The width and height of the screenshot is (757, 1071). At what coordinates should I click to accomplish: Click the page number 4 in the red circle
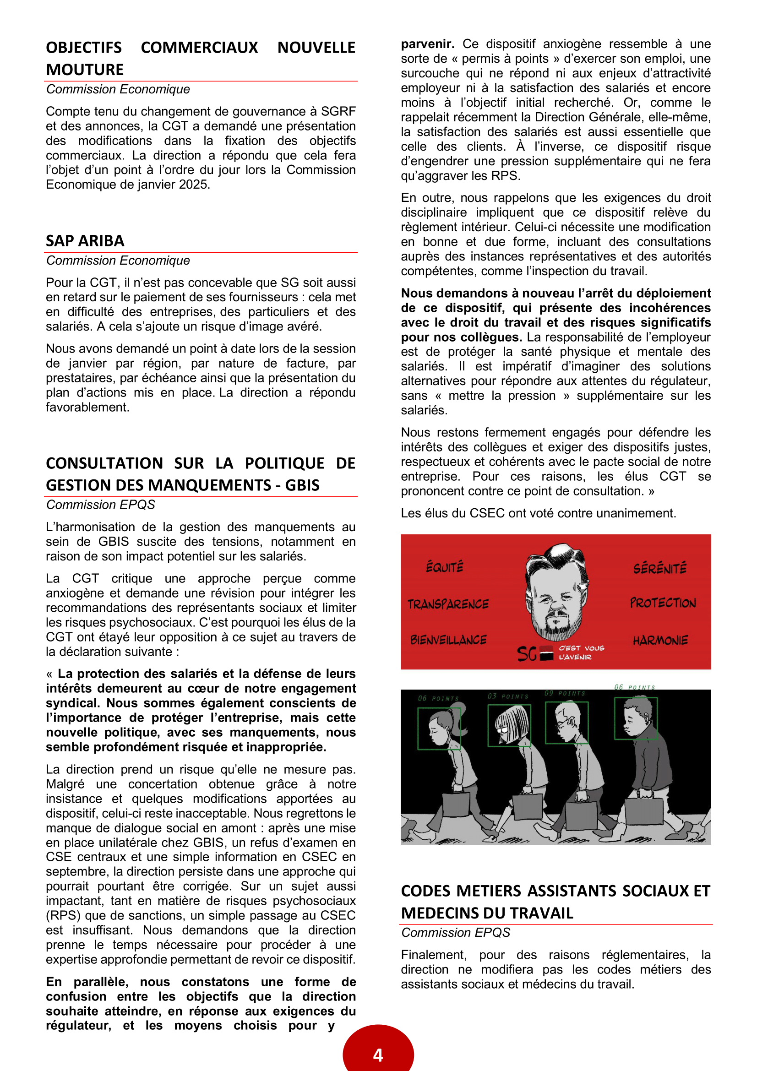pyautogui.click(x=378, y=1054)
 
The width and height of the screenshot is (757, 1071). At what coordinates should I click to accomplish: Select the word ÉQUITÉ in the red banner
pyautogui.click(x=445, y=567)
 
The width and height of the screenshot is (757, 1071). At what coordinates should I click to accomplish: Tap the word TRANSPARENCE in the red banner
pyautogui.click(x=448, y=604)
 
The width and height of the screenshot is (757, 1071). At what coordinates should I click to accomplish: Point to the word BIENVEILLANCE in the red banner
pyautogui.click(x=448, y=640)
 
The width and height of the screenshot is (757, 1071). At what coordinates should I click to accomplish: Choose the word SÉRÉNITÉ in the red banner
pyautogui.click(x=659, y=568)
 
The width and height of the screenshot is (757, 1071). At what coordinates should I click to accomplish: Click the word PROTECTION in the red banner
pyautogui.click(x=663, y=603)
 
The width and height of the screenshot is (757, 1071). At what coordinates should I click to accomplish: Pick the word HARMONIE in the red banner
pyautogui.click(x=660, y=641)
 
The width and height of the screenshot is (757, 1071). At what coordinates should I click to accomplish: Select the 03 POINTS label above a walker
pyautogui.click(x=508, y=696)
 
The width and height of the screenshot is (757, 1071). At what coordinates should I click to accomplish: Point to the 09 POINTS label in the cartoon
pyautogui.click(x=564, y=694)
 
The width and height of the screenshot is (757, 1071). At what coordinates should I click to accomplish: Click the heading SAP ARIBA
pyautogui.click(x=85, y=241)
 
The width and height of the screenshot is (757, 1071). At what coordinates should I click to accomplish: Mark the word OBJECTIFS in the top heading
pyautogui.click(x=84, y=48)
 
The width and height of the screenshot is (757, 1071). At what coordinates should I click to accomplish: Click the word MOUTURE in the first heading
pyautogui.click(x=85, y=70)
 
